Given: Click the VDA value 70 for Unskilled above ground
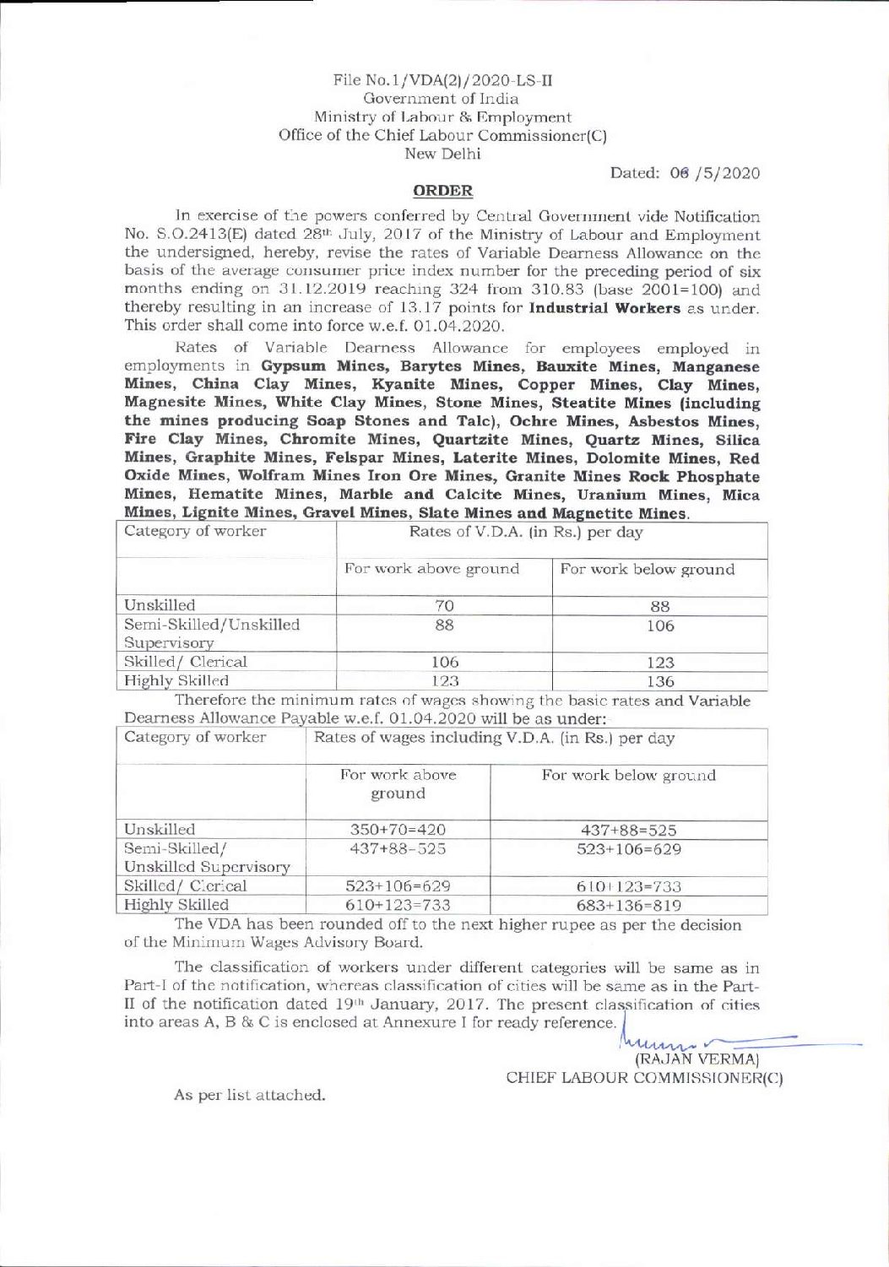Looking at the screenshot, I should pyautogui.click(x=444, y=605).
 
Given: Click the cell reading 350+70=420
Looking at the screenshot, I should pyautogui.click(x=397, y=830).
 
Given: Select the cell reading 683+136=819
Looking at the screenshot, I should pyautogui.click(x=628, y=906).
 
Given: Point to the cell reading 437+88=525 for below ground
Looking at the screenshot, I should pyautogui.click(x=628, y=830).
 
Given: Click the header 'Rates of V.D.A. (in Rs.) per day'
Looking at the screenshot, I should pyautogui.click(x=525, y=533).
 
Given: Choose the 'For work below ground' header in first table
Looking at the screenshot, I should pyautogui.click(x=648, y=570).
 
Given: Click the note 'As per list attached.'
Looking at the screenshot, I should pyautogui.click(x=249, y=1096).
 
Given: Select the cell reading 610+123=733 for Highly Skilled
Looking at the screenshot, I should pyautogui.click(x=397, y=906).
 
